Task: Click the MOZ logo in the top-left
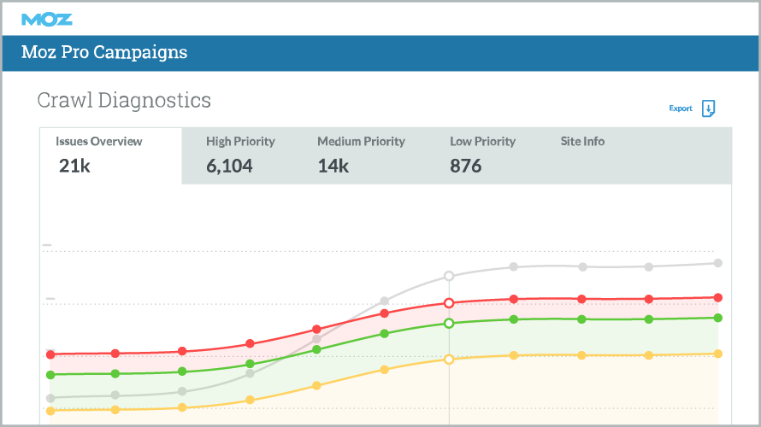[x=47, y=19]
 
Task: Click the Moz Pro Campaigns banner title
[x=105, y=53]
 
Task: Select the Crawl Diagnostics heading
[x=124, y=100]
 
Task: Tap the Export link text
[x=681, y=108]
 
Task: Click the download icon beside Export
[x=708, y=108]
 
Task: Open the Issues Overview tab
[x=99, y=142]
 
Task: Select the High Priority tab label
[x=241, y=142]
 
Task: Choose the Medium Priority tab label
[x=361, y=142]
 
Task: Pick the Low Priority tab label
[x=482, y=142]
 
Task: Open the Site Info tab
[x=582, y=142]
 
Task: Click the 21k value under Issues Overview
[x=74, y=166]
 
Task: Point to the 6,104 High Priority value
[x=229, y=166]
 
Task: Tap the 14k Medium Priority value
[x=333, y=166]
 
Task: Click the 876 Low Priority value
[x=466, y=166]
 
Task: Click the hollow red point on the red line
[x=449, y=303]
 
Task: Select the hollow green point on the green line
[x=449, y=324]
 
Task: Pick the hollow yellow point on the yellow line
[x=449, y=360]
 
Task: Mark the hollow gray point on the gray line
[x=449, y=276]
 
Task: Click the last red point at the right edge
[x=718, y=298]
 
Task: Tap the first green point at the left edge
[x=50, y=374]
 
